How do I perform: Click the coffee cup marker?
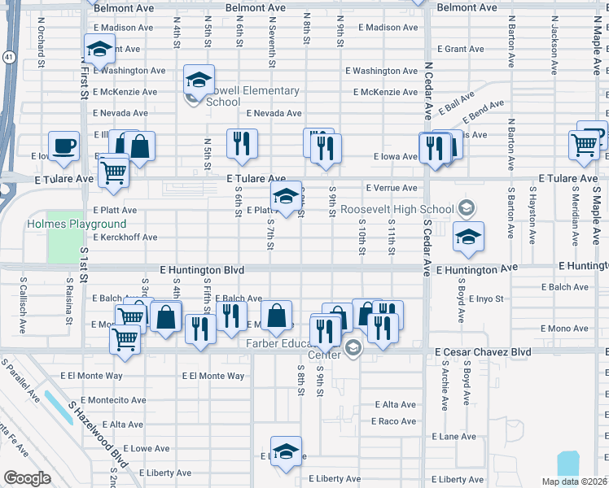(x=64, y=146)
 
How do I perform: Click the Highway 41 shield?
(x=7, y=58)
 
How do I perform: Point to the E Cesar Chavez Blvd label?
(x=483, y=351)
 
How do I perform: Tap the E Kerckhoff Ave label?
(x=125, y=237)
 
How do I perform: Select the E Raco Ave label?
(x=394, y=421)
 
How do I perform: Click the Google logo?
(x=27, y=478)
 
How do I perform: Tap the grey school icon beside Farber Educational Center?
(x=353, y=349)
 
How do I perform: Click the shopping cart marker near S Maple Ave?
(x=585, y=144)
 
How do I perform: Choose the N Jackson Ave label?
(x=554, y=45)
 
